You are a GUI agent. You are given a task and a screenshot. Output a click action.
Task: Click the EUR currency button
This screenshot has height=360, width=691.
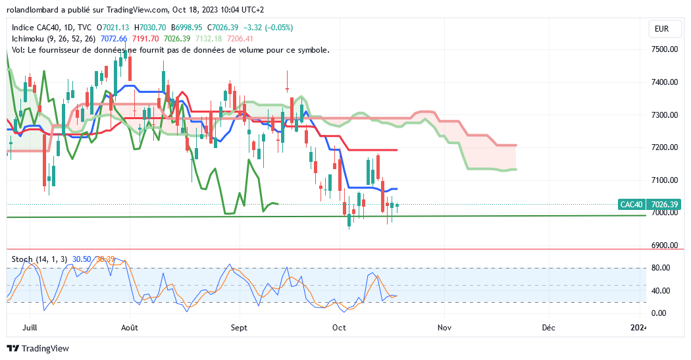[x=661, y=29]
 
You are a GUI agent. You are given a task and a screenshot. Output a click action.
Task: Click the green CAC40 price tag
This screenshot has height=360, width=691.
[x=631, y=205]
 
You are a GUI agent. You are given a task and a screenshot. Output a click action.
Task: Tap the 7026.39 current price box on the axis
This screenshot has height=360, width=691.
[x=662, y=205]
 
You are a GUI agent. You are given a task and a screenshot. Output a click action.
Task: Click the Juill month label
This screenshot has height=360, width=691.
[x=29, y=327]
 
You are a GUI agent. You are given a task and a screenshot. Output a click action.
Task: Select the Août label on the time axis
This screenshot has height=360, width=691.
[x=130, y=327]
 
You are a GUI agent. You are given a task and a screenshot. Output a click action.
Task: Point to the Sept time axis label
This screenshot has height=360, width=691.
[x=240, y=327]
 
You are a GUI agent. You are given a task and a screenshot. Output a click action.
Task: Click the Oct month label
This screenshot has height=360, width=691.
[x=340, y=327]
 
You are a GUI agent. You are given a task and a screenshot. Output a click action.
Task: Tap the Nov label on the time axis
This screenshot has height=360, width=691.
[x=444, y=327]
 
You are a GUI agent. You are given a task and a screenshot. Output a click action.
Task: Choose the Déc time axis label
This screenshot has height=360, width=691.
[x=548, y=327]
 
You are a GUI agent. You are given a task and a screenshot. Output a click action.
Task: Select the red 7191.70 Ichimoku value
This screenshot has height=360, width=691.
[x=146, y=39]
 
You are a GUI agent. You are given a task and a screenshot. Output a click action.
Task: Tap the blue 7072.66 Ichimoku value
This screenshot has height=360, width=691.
[x=114, y=39]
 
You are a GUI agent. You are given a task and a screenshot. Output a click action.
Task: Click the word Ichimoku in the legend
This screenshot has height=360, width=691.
[x=29, y=39]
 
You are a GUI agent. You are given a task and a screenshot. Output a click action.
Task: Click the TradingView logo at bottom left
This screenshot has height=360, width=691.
[x=38, y=348]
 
